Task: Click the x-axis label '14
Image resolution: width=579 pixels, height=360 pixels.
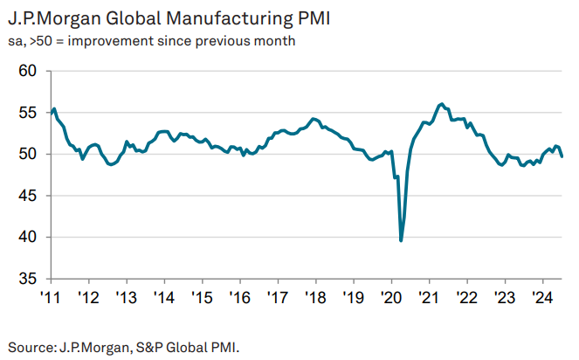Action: click(x=164, y=296)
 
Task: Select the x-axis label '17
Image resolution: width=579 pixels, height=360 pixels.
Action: click(x=277, y=296)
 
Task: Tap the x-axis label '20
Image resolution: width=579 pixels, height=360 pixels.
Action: click(x=390, y=296)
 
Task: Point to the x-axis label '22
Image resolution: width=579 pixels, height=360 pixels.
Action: click(x=465, y=296)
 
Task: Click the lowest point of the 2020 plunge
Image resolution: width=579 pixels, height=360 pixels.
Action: click(x=401, y=240)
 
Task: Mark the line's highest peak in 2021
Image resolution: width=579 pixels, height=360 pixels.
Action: click(x=442, y=104)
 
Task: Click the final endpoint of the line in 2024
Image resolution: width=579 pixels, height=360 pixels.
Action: click(x=562, y=156)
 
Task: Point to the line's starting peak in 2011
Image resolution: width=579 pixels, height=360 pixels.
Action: click(x=54, y=108)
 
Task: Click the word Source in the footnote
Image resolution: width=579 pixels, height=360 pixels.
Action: click(x=30, y=346)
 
